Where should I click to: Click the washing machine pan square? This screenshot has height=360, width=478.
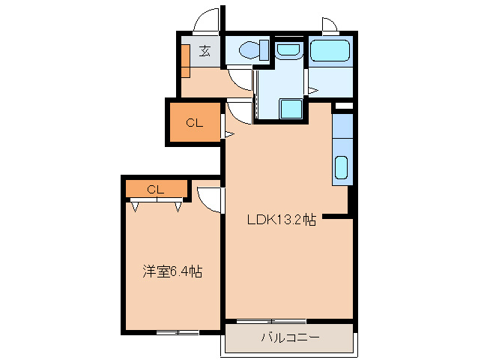click(x=291, y=109)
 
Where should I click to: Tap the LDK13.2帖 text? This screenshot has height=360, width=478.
click(x=282, y=220)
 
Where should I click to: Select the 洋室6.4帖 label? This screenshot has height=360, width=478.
click(x=172, y=272)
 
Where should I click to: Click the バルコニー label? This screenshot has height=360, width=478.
click(x=290, y=338)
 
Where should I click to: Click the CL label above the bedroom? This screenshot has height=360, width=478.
click(x=156, y=189)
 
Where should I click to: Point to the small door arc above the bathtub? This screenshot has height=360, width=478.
click(x=330, y=25)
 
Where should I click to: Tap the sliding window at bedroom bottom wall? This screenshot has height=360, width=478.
click(x=178, y=331)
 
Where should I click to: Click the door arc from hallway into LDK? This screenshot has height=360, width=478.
click(x=239, y=112)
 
